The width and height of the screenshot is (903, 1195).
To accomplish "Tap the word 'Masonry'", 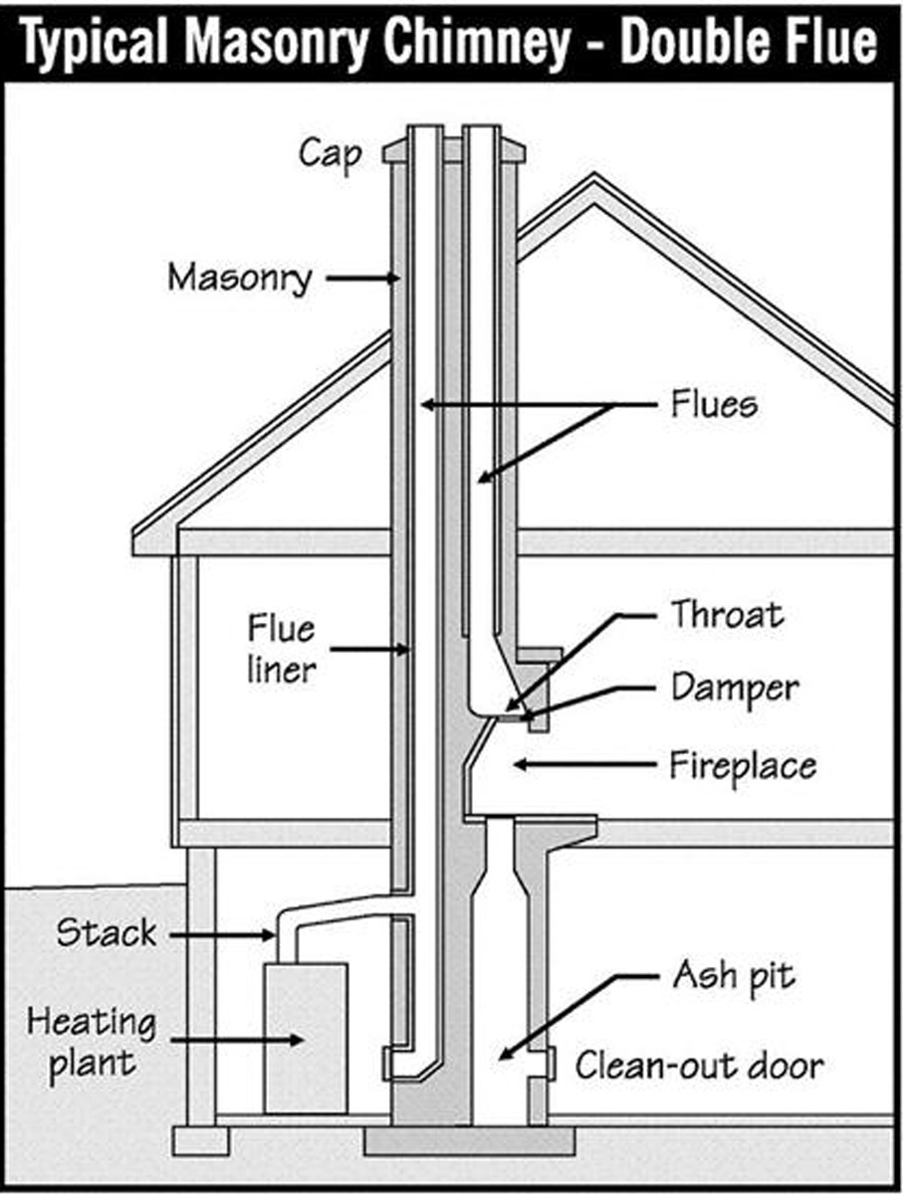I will [239, 278].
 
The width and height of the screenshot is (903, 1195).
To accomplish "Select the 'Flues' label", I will [714, 405].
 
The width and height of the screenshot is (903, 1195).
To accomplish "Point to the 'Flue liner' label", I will [281, 649].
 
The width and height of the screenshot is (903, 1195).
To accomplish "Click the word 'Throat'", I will [726, 614].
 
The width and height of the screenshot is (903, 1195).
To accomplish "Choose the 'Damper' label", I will [734, 688].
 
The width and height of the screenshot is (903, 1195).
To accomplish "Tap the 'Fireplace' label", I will [743, 765].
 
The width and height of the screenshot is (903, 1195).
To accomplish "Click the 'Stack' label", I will [107, 933].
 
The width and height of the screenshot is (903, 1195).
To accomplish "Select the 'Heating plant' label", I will [92, 1041].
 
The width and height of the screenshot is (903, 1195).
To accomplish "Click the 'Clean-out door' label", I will [700, 1066].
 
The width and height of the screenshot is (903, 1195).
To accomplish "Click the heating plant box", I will [305, 1035].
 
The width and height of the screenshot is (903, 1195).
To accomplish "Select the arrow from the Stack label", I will [224, 933].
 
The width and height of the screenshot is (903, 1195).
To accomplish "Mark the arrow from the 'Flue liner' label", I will [368, 650].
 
